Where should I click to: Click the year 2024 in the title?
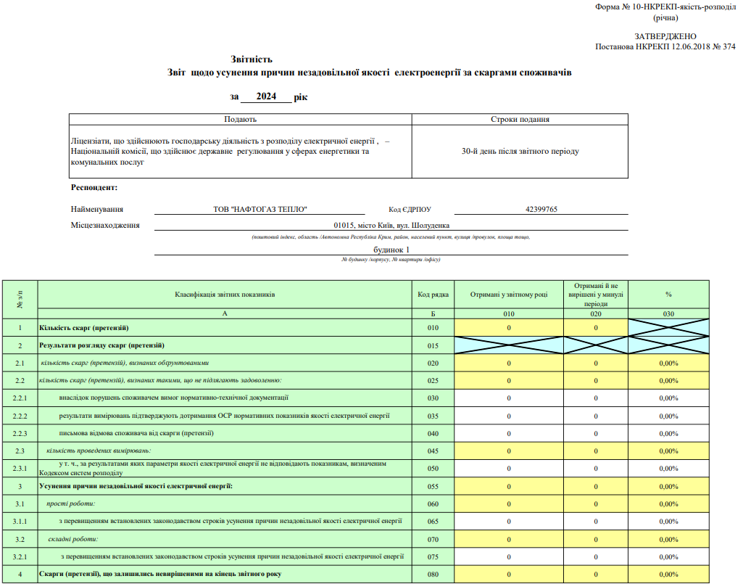click(266, 96)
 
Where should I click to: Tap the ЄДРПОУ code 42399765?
click(541, 209)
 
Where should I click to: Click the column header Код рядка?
click(433, 295)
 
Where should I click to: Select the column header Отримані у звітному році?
click(509, 295)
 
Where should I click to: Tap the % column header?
click(668, 295)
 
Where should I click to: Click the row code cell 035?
click(433, 416)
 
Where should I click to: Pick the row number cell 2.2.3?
click(20, 433)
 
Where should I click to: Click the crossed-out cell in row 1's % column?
click(668, 328)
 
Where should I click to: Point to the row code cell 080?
click(433, 575)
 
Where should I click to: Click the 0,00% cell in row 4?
click(668, 575)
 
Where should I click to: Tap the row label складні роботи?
click(73, 539)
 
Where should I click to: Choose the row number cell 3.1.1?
click(20, 522)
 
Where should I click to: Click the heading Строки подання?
click(520, 120)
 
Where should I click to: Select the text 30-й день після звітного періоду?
click(520, 152)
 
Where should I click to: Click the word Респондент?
click(94, 188)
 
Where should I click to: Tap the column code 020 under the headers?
click(596, 314)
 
